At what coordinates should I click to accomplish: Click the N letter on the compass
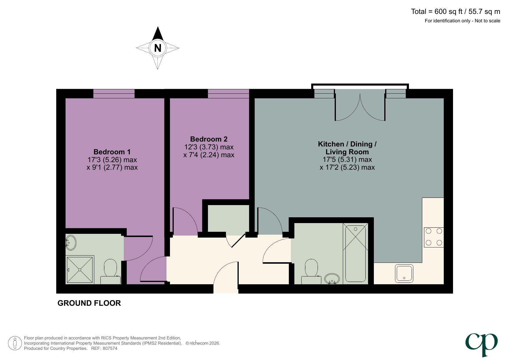click(157, 48)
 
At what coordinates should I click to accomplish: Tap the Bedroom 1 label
click(112, 152)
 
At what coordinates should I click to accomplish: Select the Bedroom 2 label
click(209, 139)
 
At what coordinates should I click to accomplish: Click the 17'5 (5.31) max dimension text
click(347, 160)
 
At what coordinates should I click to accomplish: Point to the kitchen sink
click(404, 273)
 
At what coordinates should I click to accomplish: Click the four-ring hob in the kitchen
click(434, 237)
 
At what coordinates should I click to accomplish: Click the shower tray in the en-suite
click(80, 270)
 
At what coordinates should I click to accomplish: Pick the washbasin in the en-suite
click(71, 243)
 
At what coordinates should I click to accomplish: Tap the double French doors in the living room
click(360, 106)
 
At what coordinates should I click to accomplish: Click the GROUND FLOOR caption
click(89, 303)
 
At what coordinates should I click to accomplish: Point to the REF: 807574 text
click(104, 348)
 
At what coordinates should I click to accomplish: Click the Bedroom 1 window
click(114, 94)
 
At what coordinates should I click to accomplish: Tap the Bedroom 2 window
click(228, 94)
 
